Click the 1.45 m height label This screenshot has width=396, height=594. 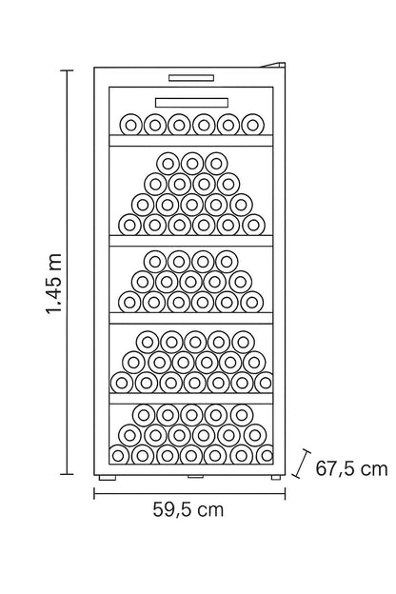tap(53, 284)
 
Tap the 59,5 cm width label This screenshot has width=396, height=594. tap(188, 509)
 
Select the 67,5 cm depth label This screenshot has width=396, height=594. tap(351, 468)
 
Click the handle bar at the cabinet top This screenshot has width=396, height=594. tap(191, 78)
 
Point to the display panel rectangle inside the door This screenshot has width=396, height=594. tap(191, 103)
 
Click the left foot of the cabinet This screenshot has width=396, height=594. tap(108, 478)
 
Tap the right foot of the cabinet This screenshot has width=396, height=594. tap(276, 477)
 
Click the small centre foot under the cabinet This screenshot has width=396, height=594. tap(195, 476)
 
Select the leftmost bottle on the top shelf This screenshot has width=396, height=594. tap(130, 125)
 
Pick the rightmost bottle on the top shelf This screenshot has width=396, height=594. tap(253, 125)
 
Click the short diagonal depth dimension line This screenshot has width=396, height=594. tap(302, 464)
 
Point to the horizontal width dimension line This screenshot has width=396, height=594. tap(189, 493)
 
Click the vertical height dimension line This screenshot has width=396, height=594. tap(68, 272)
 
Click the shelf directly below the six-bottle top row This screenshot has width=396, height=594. tap(191, 141)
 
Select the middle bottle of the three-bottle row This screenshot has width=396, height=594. tap(192, 164)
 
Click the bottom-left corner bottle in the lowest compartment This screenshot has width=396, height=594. tap(119, 455)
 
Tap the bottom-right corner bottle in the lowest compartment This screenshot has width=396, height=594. tap(266, 455)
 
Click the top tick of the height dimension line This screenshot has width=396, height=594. tap(67, 70)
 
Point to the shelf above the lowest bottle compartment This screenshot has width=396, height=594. tap(191, 399)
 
